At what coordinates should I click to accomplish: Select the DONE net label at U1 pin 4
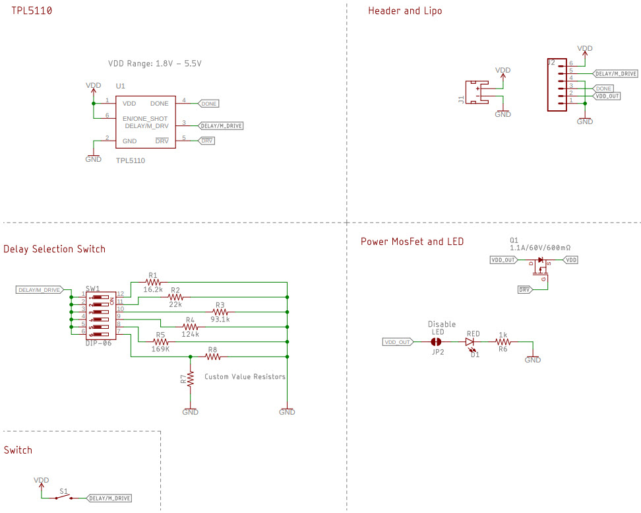[208, 104]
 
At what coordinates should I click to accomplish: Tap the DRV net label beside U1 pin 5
[206, 141]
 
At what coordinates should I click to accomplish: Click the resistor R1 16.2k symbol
[153, 281]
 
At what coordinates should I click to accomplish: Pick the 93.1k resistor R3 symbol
[220, 310]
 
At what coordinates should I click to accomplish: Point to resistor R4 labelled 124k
[190, 326]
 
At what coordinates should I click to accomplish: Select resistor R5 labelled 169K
[160, 341]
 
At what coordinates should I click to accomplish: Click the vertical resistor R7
[190, 379]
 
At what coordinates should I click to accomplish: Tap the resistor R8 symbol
[212, 357]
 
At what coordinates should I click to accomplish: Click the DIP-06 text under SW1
[98, 343]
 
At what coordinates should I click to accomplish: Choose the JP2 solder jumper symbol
[435, 342]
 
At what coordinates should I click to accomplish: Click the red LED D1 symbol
[470, 342]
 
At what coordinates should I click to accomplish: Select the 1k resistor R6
[503, 342]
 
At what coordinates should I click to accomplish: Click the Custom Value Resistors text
[245, 377]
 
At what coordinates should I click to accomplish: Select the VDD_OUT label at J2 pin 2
[607, 96]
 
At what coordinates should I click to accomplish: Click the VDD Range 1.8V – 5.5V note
[154, 64]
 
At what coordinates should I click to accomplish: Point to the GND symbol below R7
[190, 411]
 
